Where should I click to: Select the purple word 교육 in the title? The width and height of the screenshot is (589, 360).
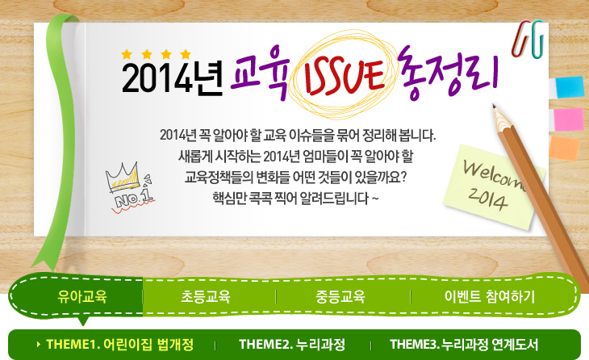tap(260, 72)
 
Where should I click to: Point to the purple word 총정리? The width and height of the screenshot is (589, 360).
tap(448, 73)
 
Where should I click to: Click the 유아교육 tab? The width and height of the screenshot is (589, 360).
tap(82, 297)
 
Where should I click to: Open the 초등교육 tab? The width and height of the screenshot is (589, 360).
tap(206, 297)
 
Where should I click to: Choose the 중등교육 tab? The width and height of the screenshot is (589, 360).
tap(340, 297)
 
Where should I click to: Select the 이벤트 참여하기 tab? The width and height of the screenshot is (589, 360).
tap(490, 297)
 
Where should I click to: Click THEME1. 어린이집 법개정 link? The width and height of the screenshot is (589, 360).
tap(119, 344)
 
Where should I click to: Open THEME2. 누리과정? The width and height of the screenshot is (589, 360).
tap(292, 344)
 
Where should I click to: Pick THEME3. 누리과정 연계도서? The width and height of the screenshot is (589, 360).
tap(464, 344)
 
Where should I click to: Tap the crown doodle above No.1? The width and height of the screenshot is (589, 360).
tap(123, 177)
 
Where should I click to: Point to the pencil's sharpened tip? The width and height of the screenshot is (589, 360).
tap(494, 106)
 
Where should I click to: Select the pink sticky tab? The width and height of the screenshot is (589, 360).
tap(568, 119)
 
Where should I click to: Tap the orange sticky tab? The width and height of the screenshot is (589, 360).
tap(564, 148)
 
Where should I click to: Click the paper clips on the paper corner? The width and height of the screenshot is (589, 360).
tap(528, 39)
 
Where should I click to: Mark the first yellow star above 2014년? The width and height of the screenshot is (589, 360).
tap(127, 55)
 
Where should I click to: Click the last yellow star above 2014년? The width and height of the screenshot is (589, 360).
tap(186, 55)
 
